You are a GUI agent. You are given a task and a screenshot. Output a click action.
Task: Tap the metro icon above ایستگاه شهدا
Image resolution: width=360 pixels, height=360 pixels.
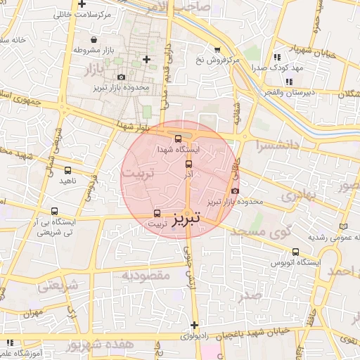click(178, 139)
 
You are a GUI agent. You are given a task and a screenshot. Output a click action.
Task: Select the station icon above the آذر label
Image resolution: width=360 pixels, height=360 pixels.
click(188, 163)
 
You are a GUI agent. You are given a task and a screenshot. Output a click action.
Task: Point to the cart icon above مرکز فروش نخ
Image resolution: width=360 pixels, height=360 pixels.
click(217, 49)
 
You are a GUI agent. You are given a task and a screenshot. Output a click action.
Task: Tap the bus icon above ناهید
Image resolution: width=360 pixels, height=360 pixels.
click(67, 170)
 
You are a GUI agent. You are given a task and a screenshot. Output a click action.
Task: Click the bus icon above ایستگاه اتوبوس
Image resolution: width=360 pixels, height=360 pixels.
click(295, 251)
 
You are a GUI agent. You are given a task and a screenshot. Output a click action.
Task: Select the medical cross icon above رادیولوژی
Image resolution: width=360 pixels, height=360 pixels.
click(195, 325)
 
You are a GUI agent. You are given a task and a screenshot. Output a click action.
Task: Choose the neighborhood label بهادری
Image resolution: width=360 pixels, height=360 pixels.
click(300, 195)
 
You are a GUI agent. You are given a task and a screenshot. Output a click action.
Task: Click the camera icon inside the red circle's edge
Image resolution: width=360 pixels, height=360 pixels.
click(235, 191)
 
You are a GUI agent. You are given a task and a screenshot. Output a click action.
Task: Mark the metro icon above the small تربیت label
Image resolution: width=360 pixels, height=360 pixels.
click(157, 213)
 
